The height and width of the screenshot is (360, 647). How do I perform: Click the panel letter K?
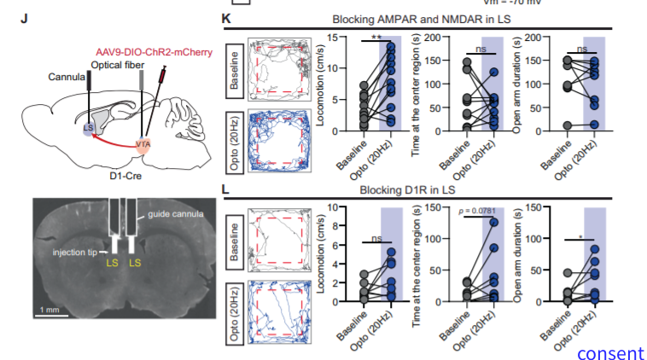pos(226,18)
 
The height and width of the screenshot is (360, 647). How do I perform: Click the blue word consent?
pos(609,351)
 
